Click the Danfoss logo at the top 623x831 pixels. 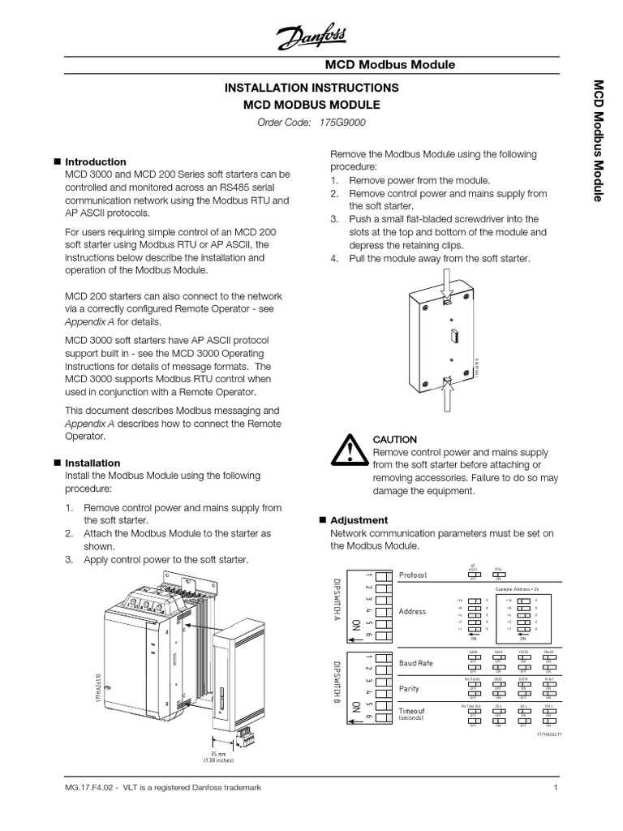coord(311,37)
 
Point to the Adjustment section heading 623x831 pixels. coord(359,519)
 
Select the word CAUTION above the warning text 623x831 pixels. coord(395,439)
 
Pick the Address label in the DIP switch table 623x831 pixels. coord(412,611)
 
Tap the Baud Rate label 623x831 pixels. coord(415,663)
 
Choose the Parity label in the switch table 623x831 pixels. coord(410,688)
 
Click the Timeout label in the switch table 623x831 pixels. coord(411,711)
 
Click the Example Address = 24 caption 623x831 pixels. coord(518,588)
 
